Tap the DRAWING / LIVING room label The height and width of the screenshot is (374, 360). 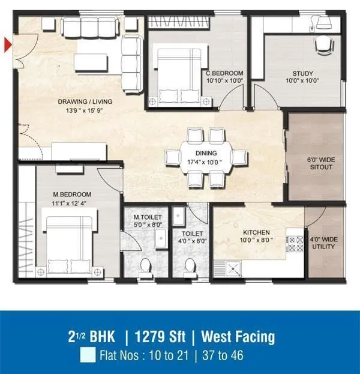[x=85, y=102]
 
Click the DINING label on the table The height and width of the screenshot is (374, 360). [x=206, y=154]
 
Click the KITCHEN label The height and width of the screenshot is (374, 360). [x=256, y=232]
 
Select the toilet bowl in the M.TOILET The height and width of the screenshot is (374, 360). [x=145, y=265]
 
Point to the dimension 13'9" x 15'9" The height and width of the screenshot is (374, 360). [x=85, y=110]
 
